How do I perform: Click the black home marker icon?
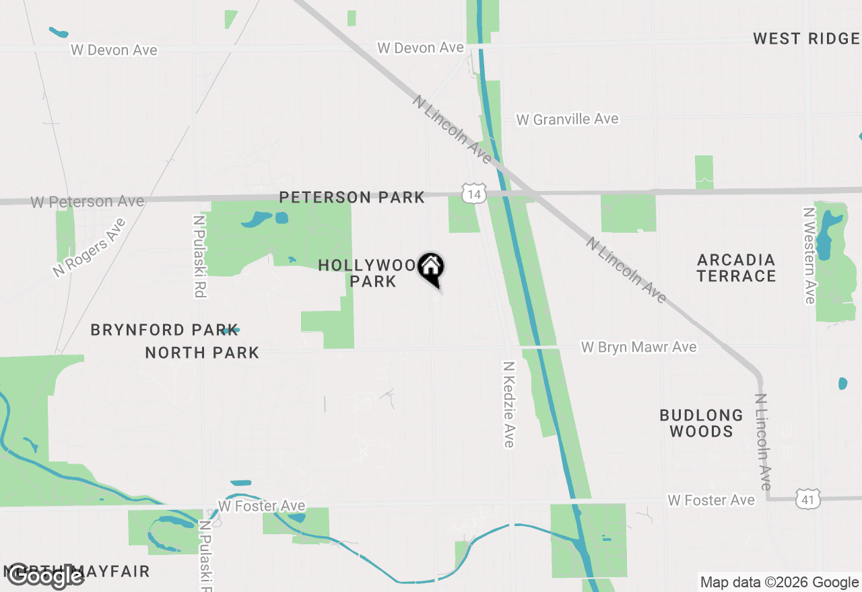(430, 268)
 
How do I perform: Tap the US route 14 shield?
(474, 194)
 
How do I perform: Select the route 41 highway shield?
(807, 499)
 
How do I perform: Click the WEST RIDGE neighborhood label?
(806, 38)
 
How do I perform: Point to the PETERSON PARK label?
(352, 197)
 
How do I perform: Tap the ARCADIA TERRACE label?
(736, 268)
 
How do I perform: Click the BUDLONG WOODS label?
(701, 423)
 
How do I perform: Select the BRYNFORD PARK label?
(164, 330)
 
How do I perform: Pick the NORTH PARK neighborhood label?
(202, 353)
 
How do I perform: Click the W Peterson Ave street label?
(87, 201)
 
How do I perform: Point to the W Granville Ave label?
(567, 119)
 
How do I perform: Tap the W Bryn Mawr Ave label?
(638, 347)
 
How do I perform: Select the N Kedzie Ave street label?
(509, 404)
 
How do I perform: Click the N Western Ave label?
(809, 255)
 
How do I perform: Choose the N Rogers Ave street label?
(90, 247)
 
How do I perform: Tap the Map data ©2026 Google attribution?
(779, 583)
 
